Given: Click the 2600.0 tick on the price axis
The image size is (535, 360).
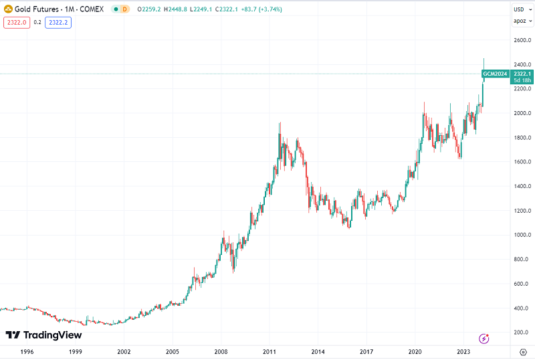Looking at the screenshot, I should (x=522, y=40).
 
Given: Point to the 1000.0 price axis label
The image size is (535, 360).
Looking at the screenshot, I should (x=522, y=235).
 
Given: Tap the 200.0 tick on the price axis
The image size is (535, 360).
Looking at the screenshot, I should (x=522, y=333).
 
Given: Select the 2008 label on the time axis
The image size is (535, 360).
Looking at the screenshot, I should (x=221, y=351).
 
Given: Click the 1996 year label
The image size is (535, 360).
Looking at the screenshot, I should (x=27, y=351).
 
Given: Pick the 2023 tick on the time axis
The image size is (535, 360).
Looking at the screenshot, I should (x=463, y=351).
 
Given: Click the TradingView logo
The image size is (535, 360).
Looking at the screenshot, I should (x=43, y=335).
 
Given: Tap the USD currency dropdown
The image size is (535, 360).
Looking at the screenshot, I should (x=520, y=9).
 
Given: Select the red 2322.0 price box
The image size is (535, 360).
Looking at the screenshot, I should (x=15, y=22).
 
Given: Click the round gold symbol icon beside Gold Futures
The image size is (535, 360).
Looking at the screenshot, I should (x=8, y=9).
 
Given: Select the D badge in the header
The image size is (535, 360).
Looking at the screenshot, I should (x=124, y=9).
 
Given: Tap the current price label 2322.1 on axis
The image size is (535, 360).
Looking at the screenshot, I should (x=522, y=74).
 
